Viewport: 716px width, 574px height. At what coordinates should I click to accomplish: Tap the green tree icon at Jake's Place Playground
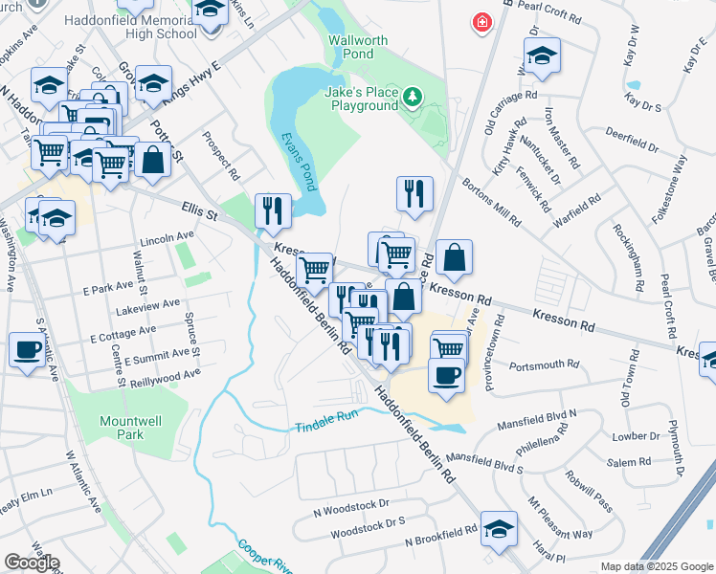click(x=412, y=96)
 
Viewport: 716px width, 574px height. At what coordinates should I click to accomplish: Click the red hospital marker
click(x=481, y=21)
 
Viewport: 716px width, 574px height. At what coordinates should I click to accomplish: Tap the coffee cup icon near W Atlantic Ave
click(x=27, y=349)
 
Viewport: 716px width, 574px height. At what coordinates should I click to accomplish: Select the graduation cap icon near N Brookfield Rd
click(x=498, y=528)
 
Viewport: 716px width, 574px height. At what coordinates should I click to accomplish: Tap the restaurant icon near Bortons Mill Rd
click(x=414, y=192)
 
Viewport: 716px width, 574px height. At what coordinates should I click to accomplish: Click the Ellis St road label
click(x=201, y=210)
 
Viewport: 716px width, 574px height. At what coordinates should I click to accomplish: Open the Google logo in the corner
click(x=32, y=563)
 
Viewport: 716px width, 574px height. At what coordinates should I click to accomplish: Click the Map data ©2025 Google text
click(x=657, y=566)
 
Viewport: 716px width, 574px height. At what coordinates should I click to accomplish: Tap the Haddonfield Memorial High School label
click(x=131, y=27)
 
